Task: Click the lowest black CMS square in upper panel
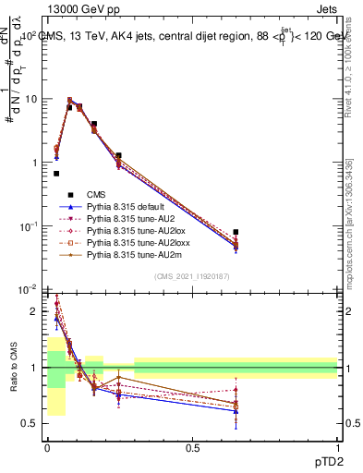click(56, 173)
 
